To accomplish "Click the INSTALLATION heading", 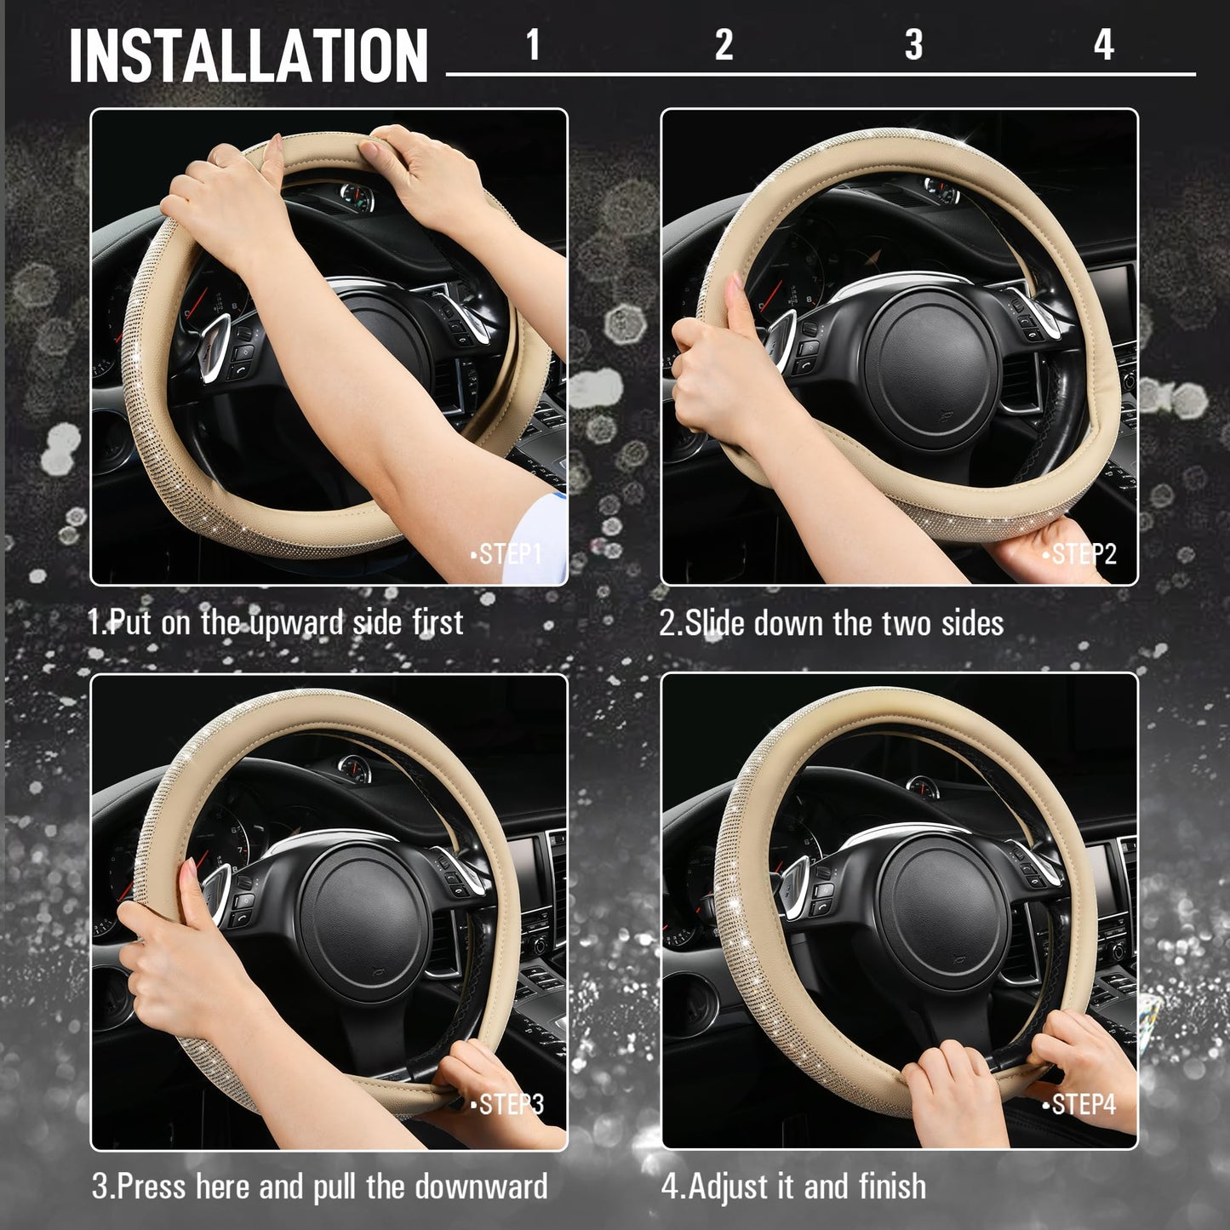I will point(248,55).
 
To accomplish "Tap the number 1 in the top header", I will point(533,44).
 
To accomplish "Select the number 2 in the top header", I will point(724,44).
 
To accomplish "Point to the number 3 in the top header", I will point(913,44).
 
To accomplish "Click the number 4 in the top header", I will point(1103,44).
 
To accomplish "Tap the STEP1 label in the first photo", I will point(508,555).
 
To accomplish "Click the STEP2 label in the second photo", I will point(1080,555).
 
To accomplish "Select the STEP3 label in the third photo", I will point(508,1105).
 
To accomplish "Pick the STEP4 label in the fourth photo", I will point(1080,1105).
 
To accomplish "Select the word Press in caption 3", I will point(151,1187).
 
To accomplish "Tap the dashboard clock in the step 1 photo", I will point(356,198).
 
